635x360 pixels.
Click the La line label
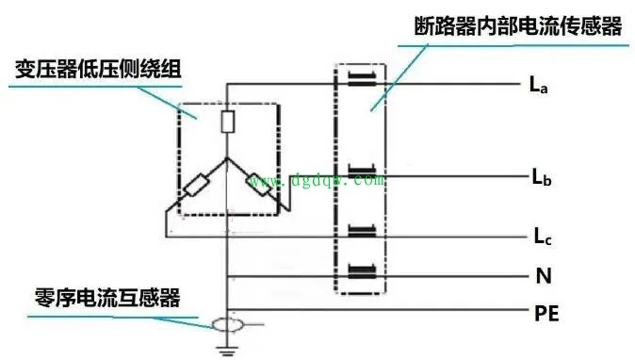(539, 86)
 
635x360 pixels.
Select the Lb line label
(539, 177)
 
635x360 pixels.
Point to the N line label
(541, 276)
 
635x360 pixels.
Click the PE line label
(545, 313)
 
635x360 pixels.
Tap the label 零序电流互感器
(104, 300)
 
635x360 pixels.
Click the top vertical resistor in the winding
(227, 122)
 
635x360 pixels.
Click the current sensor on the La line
(364, 78)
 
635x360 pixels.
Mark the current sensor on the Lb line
(364, 172)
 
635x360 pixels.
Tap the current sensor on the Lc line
(364, 232)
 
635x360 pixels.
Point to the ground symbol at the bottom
(227, 352)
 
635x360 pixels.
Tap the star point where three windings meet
(227, 157)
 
